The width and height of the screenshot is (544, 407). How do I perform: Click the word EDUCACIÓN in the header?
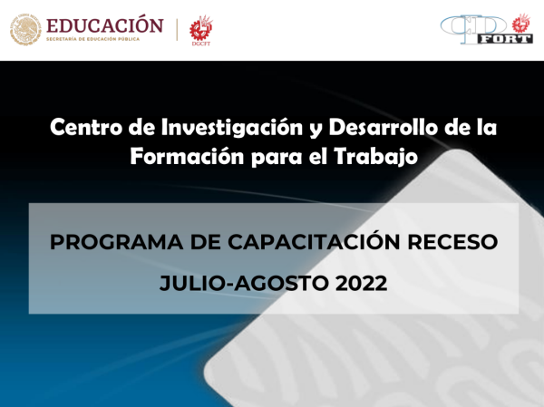pos(104,24)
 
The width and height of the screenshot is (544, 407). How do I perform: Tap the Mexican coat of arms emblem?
pos(25,29)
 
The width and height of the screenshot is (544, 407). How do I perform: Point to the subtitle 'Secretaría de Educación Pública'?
pos(104,40)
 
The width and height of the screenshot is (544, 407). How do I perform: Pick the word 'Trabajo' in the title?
pos(379,156)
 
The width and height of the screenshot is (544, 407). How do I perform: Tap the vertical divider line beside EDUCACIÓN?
pos(176,29)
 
